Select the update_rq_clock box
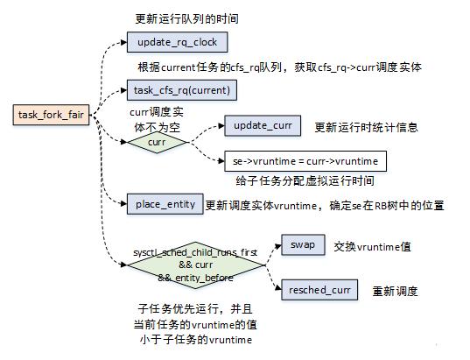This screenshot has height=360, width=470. click(178, 41)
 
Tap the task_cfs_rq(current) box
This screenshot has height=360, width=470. click(183, 88)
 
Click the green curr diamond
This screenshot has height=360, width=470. click(157, 141)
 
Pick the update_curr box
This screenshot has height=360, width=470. click(262, 127)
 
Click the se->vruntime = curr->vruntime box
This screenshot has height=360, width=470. click(304, 161)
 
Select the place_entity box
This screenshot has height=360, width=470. click(165, 204)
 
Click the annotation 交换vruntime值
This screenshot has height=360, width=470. click(373, 246)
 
